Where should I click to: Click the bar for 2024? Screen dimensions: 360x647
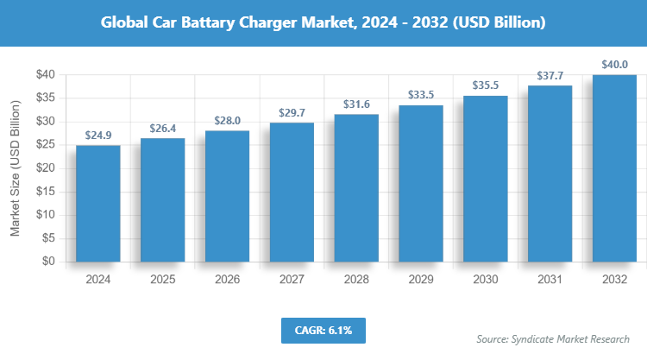coord(97,203)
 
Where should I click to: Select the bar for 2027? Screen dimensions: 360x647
coord(292,192)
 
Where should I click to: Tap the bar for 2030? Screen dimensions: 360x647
coord(486,178)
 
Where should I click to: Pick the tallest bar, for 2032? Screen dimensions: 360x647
coord(614,167)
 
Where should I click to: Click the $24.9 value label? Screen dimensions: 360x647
coord(97,136)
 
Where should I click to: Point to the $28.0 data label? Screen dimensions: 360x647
coord(227,121)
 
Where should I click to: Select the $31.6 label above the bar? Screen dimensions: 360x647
coord(356,104)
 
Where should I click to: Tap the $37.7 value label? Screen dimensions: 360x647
coord(550,76)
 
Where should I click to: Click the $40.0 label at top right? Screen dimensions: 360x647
coord(614,65)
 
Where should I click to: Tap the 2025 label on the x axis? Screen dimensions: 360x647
coord(162,280)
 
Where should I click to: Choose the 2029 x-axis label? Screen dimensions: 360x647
coord(421,280)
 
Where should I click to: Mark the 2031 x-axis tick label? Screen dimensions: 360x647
coord(550,280)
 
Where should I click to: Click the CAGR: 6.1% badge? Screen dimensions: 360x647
coord(323,330)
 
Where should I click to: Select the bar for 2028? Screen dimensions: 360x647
coord(356,187)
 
